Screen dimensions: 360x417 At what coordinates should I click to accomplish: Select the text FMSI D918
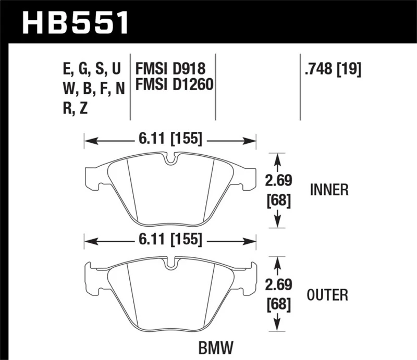point(170,68)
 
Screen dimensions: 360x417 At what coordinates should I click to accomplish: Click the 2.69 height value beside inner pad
point(278,182)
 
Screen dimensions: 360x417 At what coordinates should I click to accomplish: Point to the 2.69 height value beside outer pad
point(278,285)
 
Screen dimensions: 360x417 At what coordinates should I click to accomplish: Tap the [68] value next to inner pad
point(278,200)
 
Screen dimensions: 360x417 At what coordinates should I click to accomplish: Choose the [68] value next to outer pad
point(278,303)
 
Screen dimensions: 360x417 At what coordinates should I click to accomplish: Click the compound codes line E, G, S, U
point(91,68)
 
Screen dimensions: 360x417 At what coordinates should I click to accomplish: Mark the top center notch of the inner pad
point(170,158)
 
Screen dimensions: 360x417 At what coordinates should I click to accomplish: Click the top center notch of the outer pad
point(170,263)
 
